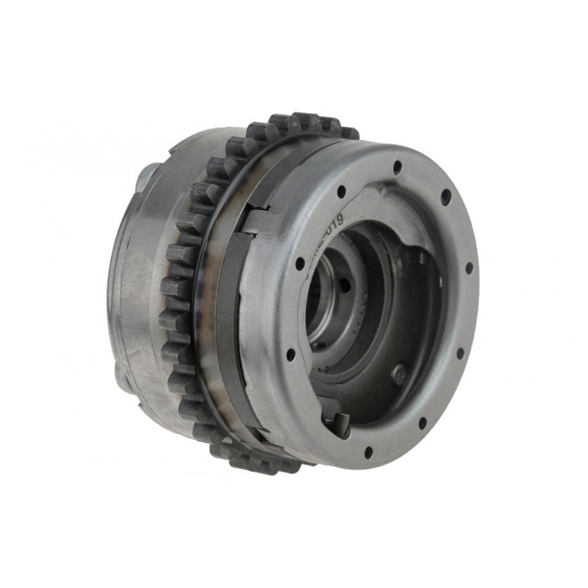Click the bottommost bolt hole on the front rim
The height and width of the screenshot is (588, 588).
368,453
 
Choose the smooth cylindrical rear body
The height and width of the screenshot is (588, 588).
139,277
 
